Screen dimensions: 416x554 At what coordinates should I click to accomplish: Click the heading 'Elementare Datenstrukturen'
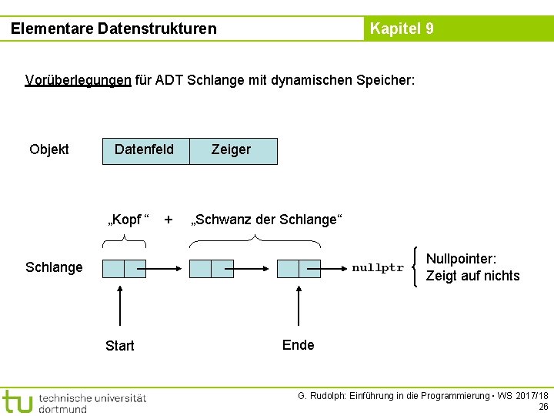[114, 29]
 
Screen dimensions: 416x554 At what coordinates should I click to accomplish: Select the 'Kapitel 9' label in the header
[402, 29]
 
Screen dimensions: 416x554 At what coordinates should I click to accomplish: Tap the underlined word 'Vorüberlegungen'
[78, 80]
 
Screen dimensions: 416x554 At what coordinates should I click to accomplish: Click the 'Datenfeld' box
[145, 149]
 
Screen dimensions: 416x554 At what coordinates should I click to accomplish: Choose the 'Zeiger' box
[232, 150]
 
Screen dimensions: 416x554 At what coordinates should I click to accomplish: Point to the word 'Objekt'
[49, 149]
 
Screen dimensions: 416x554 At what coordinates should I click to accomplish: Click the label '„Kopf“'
[128, 220]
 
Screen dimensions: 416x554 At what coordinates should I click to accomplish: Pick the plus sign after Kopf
[169, 219]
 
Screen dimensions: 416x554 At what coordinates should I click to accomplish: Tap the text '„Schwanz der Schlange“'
[265, 220]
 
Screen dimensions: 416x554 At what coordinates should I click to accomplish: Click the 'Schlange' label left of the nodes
[54, 267]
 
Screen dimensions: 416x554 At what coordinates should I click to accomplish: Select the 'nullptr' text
[377, 268]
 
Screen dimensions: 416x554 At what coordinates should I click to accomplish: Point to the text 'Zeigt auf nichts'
[472, 276]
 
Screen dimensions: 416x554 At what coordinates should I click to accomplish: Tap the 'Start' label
[120, 346]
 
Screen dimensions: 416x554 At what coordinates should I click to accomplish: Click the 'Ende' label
[299, 344]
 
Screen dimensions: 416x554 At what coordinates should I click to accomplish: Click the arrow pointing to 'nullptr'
[332, 268]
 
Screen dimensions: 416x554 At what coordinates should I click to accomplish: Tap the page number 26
[543, 407]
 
